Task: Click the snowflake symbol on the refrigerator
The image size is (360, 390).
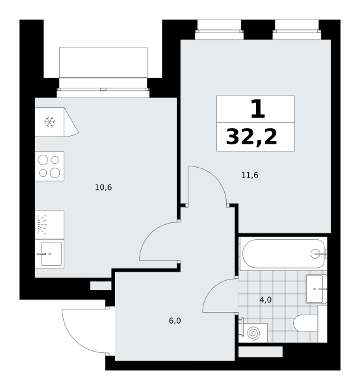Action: pos(49,122)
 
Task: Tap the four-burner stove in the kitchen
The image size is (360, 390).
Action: pos(49,166)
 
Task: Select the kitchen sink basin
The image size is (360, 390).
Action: pos(51,253)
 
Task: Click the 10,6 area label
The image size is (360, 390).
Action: pos(103,187)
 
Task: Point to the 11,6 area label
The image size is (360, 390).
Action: pos(250,175)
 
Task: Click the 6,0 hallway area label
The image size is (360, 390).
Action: pos(175,321)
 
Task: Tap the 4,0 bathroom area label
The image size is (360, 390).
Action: pos(266,300)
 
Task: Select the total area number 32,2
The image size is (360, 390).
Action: pos(251,137)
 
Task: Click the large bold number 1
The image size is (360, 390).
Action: pos(257,109)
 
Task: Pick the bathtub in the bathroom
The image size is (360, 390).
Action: pos(283,253)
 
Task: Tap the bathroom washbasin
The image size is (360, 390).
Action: pos(316,289)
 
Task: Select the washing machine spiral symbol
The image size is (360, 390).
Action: pos(254,333)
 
